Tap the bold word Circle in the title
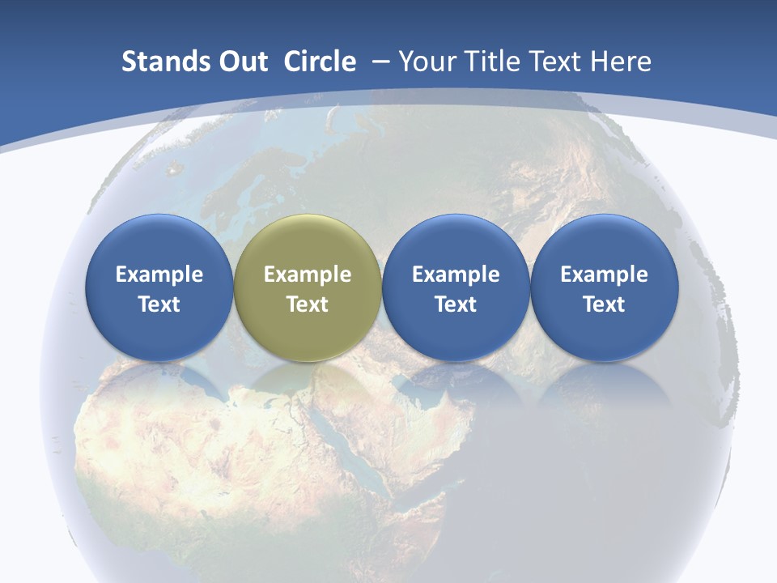click(x=320, y=62)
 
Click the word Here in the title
click(x=621, y=62)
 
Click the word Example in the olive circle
click(x=308, y=274)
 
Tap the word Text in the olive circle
click(x=308, y=304)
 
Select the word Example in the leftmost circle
click(x=159, y=274)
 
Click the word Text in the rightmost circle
click(x=604, y=304)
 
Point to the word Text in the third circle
click(x=456, y=304)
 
